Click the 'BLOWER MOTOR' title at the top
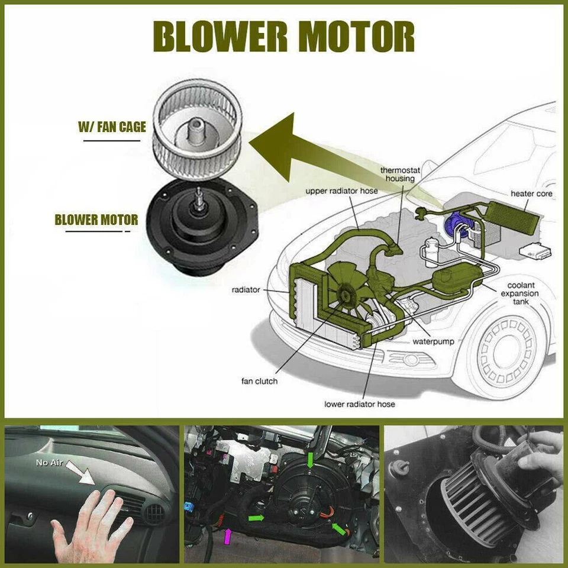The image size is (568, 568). (x=284, y=37)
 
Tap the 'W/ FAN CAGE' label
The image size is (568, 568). (x=112, y=127)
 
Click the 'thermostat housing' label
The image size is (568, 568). (x=400, y=174)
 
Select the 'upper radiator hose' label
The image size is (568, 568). (x=341, y=191)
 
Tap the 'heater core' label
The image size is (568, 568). (x=531, y=193)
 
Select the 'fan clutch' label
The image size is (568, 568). (x=259, y=380)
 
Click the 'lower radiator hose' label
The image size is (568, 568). (x=359, y=404)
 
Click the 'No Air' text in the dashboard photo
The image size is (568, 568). (x=50, y=462)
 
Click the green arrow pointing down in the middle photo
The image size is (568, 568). (x=311, y=459)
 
